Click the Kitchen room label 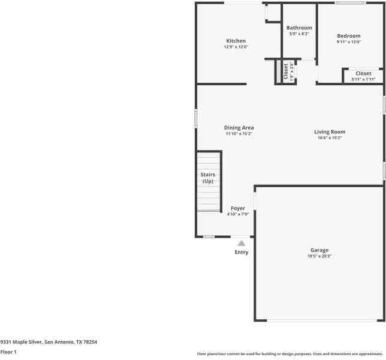[x=236, y=41]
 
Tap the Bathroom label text [x=299, y=28]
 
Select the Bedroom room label [x=348, y=36]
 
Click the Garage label [x=319, y=250]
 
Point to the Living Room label [x=330, y=132]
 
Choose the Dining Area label [x=239, y=128]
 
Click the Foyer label [x=237, y=208]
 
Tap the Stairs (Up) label [x=207, y=178]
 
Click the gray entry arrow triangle [x=241, y=243]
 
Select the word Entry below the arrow [x=241, y=253]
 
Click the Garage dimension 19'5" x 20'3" [x=319, y=256]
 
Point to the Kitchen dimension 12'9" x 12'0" [x=236, y=47]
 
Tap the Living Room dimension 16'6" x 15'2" [x=330, y=138]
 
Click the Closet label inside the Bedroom [x=363, y=73]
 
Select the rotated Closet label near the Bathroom [x=285, y=71]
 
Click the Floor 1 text [x=8, y=352]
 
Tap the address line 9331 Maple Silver [x=49, y=342]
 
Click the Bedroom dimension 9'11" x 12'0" [x=348, y=42]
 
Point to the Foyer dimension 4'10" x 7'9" [x=237, y=214]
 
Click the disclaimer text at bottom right [x=290, y=354]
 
